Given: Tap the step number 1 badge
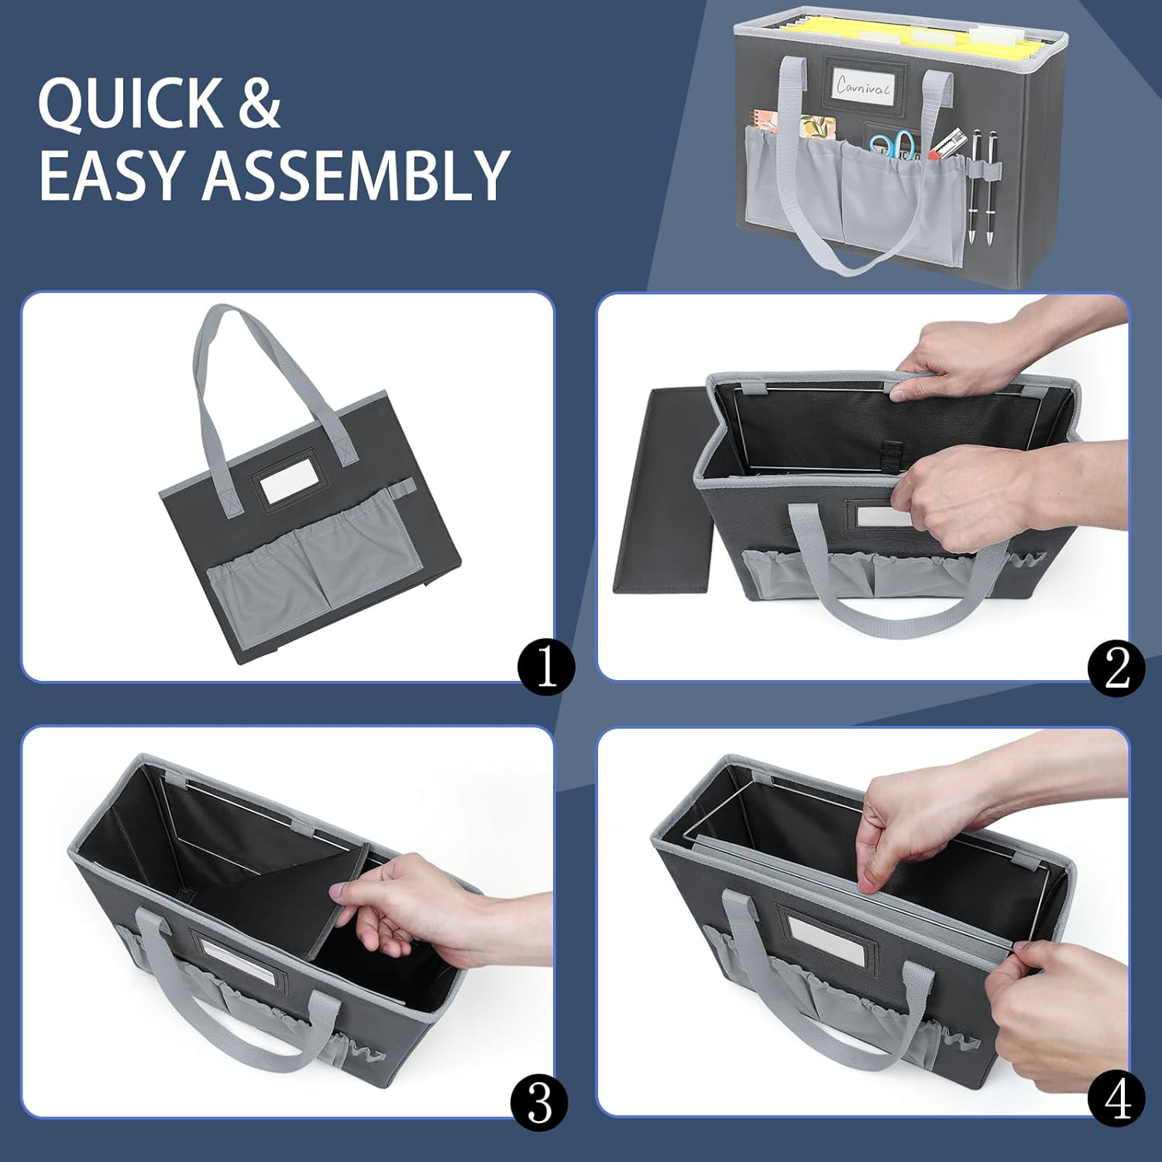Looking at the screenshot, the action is (547, 667).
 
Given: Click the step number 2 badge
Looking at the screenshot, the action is (1116, 667).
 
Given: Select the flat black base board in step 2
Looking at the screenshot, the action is (662, 492).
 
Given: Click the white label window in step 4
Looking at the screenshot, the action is (826, 937).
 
